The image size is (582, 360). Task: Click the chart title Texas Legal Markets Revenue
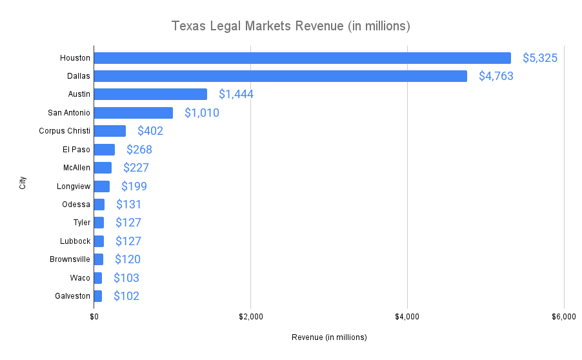(290, 26)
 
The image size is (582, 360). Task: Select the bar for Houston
(302, 58)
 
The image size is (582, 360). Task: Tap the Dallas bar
(280, 76)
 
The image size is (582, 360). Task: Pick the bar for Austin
(150, 94)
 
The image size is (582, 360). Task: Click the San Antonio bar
(134, 113)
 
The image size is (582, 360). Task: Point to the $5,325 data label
(539, 58)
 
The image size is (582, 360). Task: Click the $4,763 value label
(496, 76)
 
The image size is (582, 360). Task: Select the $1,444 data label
(236, 94)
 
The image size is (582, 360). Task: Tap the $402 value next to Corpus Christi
(150, 131)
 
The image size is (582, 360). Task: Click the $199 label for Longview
(134, 186)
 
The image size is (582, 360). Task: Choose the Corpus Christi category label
(65, 131)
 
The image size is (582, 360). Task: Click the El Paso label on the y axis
(76, 150)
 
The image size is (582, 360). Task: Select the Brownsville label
(70, 259)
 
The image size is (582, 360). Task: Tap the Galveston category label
(72, 296)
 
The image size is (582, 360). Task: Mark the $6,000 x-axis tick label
(563, 317)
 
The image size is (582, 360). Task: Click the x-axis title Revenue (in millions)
(329, 337)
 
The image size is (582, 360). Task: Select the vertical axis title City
(23, 183)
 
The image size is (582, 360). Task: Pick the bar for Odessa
(99, 205)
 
